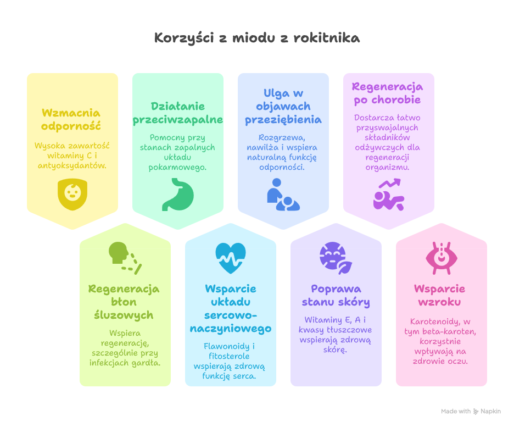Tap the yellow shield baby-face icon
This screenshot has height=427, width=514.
click(72, 193)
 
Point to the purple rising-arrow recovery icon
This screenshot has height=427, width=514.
click(389, 194)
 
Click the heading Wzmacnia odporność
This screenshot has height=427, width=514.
click(72, 119)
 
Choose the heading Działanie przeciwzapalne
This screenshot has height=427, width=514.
click(178, 113)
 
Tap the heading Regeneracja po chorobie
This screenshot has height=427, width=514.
click(388, 93)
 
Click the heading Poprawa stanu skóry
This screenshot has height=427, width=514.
click(336, 295)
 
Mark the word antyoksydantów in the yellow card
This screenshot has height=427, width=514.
click(72, 165)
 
